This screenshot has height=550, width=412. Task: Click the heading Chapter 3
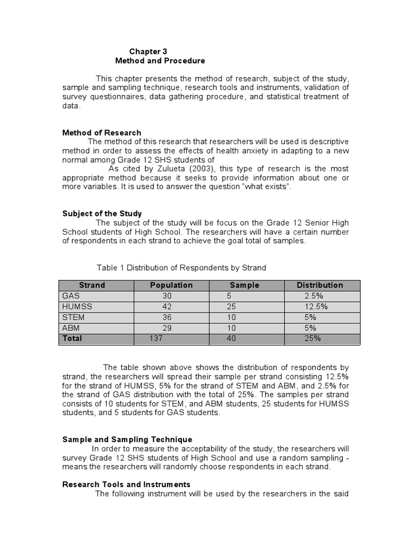(145, 52)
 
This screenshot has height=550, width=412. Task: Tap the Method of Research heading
(102, 133)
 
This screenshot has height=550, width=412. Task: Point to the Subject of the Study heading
(102, 214)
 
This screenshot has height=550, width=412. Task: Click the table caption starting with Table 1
(181, 267)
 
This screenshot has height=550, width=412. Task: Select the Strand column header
(92, 285)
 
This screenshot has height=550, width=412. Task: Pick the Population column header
(171, 285)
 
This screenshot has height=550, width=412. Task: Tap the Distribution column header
(320, 285)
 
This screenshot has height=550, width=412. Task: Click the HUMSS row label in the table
(77, 307)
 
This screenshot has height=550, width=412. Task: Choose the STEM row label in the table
(73, 317)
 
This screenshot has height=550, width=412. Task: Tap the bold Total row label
(72, 338)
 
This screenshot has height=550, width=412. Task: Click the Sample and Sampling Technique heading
(127, 439)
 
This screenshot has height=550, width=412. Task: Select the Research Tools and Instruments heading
(127, 484)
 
